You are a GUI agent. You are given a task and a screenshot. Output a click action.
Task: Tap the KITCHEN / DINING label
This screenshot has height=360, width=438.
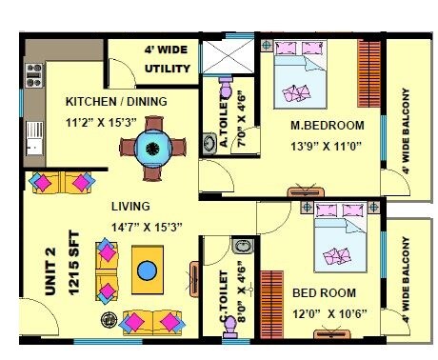pos(115,102)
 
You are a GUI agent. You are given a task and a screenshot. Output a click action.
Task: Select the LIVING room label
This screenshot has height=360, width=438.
pos(129,206)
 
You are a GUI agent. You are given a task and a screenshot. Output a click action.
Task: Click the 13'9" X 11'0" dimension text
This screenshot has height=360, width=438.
pos(328,146)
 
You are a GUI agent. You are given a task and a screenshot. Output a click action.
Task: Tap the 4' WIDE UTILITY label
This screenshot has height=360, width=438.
pos(168,59)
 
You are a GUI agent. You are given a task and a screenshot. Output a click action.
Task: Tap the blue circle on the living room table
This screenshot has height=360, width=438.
pos(146,270)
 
